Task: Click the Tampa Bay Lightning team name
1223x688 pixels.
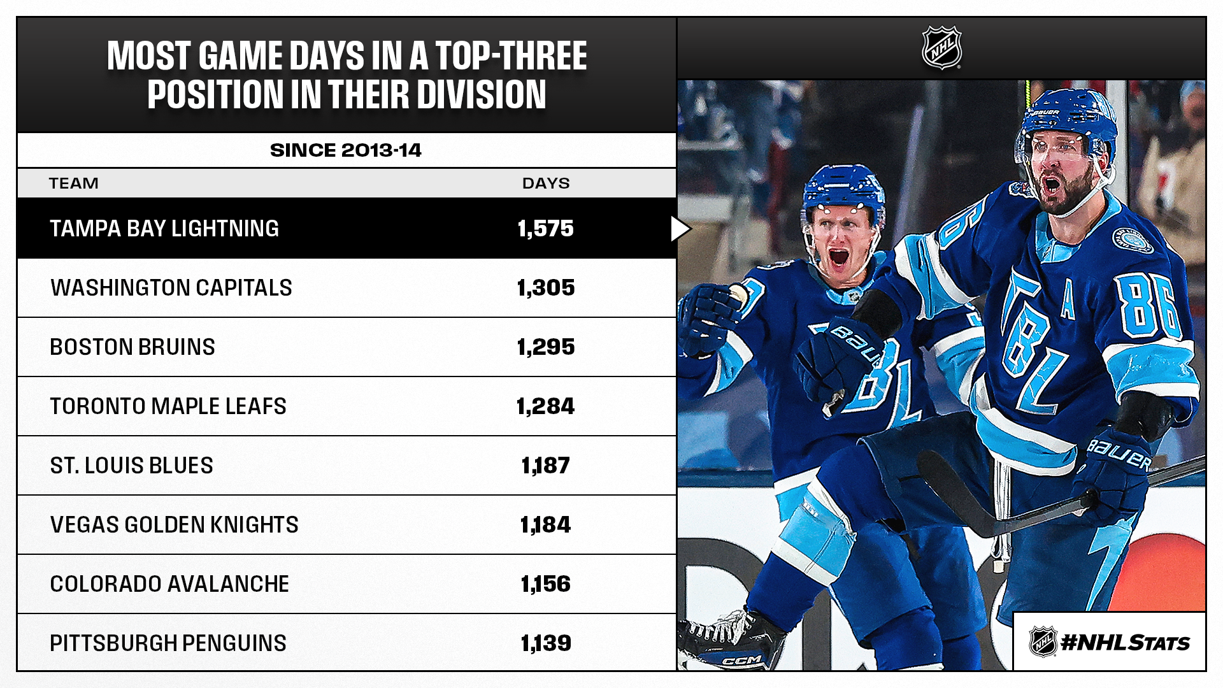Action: pyautogui.click(x=164, y=229)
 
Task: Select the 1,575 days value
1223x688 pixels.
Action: pyautogui.click(x=545, y=229)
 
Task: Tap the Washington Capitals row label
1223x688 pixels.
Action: pyautogui.click(x=171, y=288)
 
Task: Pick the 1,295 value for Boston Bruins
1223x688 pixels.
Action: pyautogui.click(x=545, y=347)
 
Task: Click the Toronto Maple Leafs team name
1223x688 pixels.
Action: pyautogui.click(x=168, y=406)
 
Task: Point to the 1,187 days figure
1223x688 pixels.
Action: pyautogui.click(x=545, y=466)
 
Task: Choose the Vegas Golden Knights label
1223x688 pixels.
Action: pyautogui.click(x=174, y=525)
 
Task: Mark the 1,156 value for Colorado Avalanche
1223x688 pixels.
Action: pyautogui.click(x=545, y=584)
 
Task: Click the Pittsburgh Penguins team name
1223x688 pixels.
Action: pyautogui.click(x=168, y=643)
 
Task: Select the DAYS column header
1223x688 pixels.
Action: pyautogui.click(x=546, y=183)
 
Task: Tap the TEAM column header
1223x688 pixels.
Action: pyautogui.click(x=74, y=183)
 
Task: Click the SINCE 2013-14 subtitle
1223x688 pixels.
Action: pyautogui.click(x=346, y=150)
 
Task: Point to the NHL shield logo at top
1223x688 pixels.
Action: pyautogui.click(x=941, y=48)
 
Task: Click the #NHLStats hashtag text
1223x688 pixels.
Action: pyautogui.click(x=1125, y=643)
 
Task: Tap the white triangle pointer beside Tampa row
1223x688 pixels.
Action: pyautogui.click(x=680, y=229)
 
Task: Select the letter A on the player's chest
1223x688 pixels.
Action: pyautogui.click(x=1068, y=302)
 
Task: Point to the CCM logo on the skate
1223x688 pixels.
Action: pyautogui.click(x=743, y=660)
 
